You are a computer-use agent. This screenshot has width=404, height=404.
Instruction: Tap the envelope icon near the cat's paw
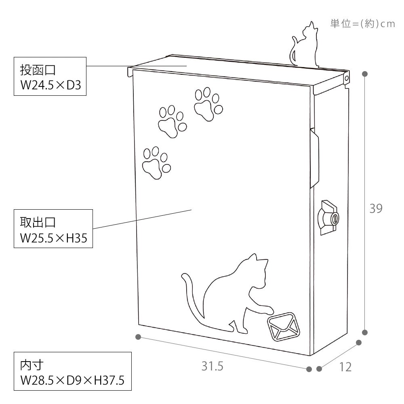tap(284, 326)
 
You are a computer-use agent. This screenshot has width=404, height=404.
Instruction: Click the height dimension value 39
tap(376, 208)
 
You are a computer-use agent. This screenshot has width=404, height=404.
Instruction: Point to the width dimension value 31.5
tap(213, 366)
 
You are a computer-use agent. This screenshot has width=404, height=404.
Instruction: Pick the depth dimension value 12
tap(345, 367)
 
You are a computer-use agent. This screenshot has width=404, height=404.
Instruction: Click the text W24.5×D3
tap(51, 85)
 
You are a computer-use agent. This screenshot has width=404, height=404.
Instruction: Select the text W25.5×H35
tap(54, 238)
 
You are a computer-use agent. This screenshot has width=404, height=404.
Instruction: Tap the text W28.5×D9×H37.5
tap(72, 380)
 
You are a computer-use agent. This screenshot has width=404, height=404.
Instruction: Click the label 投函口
tap(38, 70)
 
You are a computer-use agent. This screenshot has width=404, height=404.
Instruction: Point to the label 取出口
tap(38, 223)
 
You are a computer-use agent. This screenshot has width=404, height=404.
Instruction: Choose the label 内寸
tap(32, 365)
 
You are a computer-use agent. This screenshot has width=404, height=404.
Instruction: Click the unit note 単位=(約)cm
tap(362, 24)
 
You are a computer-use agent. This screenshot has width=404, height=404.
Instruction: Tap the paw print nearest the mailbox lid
tap(208, 104)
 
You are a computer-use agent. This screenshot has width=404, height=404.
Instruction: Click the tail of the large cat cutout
tap(192, 299)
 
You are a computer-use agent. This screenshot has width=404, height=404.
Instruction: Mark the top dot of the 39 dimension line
tap(364, 74)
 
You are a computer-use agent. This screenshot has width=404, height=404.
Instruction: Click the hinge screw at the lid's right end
tap(347, 78)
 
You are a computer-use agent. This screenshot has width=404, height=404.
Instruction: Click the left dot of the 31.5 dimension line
tap(138, 337)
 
